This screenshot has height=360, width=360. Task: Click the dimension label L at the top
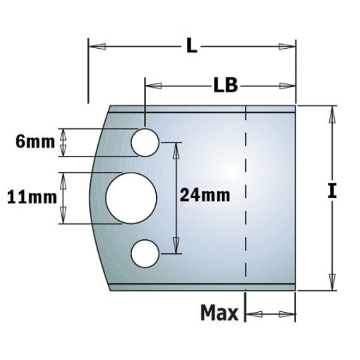[x=191, y=46]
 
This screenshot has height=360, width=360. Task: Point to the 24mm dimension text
[x=205, y=195]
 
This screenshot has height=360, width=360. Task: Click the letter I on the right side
[x=331, y=192]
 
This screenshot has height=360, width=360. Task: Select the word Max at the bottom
[x=219, y=312]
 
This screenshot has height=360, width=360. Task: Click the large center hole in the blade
[x=131, y=197]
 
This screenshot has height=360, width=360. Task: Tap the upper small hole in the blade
[x=144, y=141]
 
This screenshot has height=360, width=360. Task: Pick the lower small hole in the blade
[x=144, y=253]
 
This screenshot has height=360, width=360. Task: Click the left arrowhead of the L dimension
[x=96, y=46]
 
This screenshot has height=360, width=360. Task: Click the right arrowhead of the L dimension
[x=288, y=46]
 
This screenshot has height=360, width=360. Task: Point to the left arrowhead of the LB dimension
[x=153, y=85]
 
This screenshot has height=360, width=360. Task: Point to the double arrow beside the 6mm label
[x=64, y=142]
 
